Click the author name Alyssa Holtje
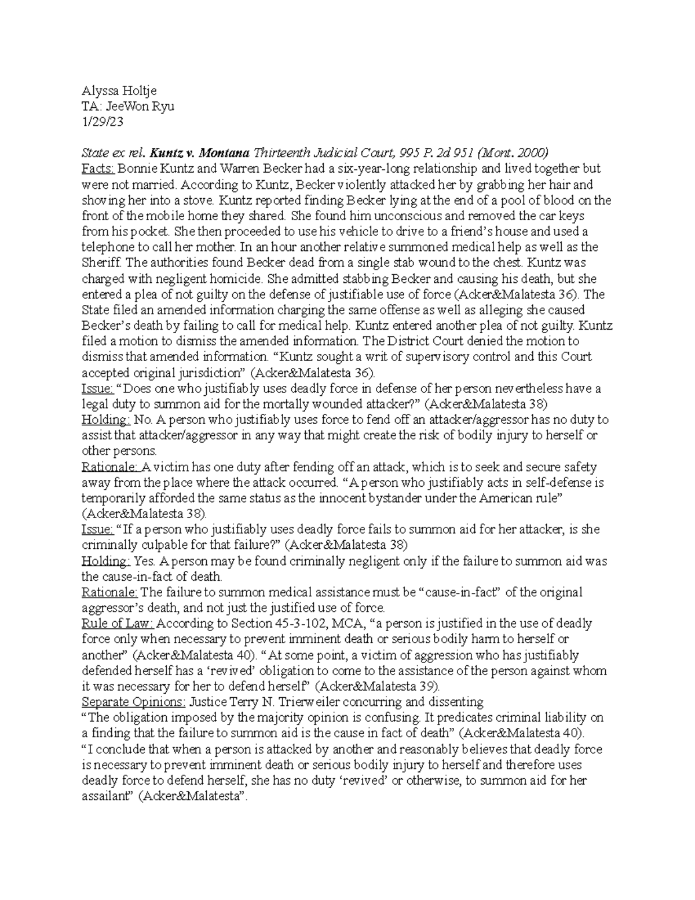coord(119,91)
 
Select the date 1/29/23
coord(103,122)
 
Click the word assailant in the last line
coord(109,797)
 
